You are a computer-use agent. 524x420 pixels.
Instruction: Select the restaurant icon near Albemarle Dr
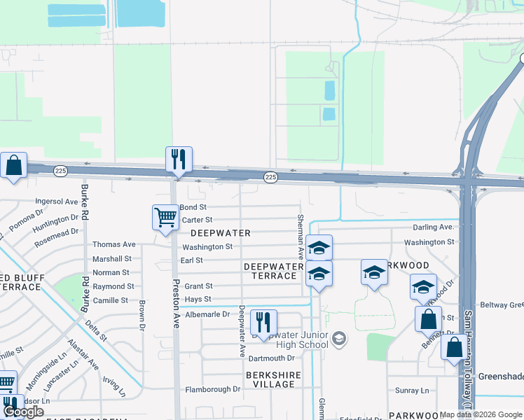tap(263, 322)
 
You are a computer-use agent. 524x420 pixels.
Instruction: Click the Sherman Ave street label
tap(301, 238)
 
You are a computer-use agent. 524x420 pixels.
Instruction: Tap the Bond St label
tap(193, 207)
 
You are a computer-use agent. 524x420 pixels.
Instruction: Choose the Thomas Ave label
tap(114, 244)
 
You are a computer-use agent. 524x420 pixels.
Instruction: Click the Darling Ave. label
tap(434, 227)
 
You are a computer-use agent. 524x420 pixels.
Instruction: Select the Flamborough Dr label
tap(212, 389)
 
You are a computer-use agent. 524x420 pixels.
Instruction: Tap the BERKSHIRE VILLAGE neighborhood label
tap(273, 380)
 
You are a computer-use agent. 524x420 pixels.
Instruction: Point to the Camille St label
tap(111, 300)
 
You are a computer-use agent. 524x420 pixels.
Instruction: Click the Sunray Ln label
tap(412, 391)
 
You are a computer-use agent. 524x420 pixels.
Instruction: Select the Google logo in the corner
tap(24, 412)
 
